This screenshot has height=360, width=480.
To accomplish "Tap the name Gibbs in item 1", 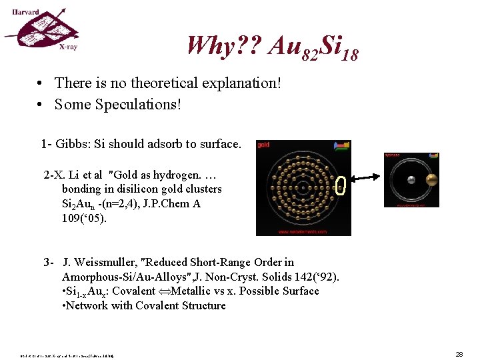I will [x=71, y=144].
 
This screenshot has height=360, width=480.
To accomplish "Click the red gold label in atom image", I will [x=263, y=145].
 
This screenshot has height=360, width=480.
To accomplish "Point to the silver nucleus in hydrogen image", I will [x=411, y=179].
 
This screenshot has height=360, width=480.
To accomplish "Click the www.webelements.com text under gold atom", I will [x=303, y=232].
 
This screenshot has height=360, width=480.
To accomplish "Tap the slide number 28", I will [x=459, y=354].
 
